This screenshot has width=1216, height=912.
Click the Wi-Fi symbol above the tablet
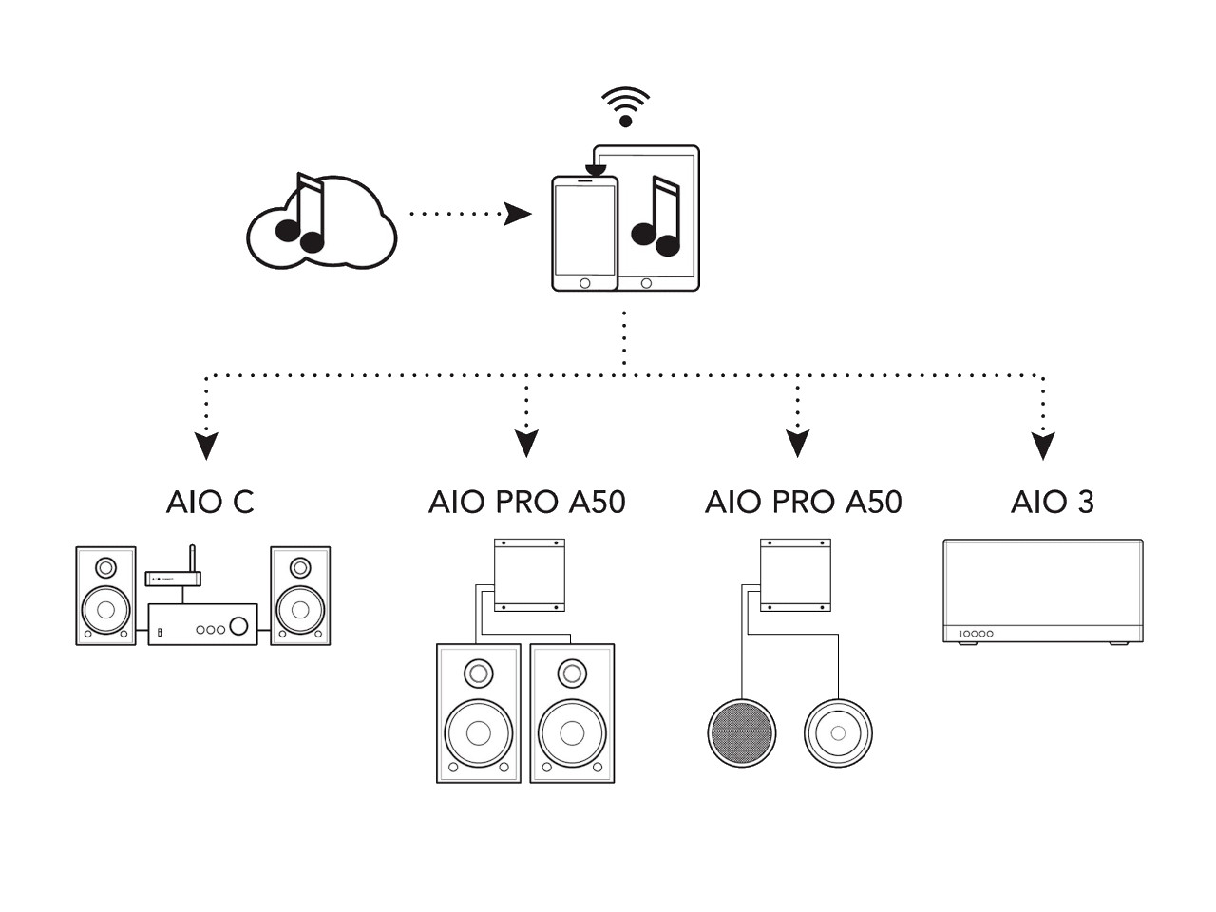point(625,106)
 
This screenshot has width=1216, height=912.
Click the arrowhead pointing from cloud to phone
point(518,214)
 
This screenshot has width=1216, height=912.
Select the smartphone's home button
point(584,283)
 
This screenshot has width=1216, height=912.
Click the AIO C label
point(210,502)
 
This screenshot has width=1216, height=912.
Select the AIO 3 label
point(1052,502)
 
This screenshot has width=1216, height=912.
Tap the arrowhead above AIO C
point(206,446)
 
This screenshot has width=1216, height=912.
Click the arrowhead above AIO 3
point(1043,446)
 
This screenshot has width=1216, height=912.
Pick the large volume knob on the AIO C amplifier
point(239,625)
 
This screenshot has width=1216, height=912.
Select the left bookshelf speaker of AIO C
point(105,596)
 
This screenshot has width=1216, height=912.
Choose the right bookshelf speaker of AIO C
point(300,596)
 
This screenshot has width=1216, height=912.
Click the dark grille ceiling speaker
point(742,733)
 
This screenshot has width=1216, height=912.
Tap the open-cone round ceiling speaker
point(838,733)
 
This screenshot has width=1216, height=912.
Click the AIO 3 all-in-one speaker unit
point(1042,591)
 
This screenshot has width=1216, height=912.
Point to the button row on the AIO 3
point(976,634)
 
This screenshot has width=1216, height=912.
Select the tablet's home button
point(647,283)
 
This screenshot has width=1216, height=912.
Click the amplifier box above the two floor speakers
point(529,576)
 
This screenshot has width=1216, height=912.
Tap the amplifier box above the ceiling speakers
point(796,576)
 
